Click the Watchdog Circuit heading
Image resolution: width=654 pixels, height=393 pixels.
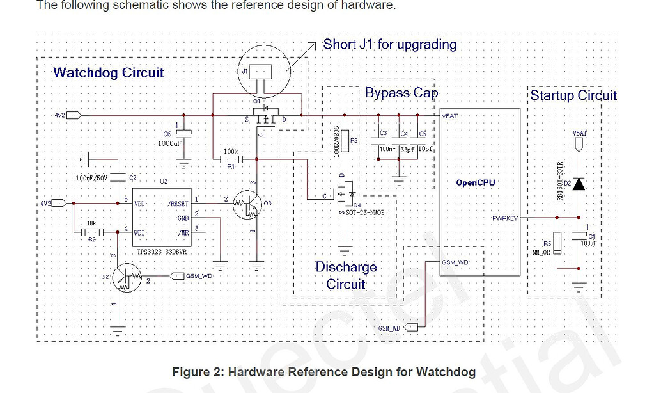pos(109,73)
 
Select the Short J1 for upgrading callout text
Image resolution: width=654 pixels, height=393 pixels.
pos(389,44)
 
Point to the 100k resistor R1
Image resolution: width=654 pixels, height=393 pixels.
pos(230,158)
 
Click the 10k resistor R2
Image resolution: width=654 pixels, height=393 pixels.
pos(91,233)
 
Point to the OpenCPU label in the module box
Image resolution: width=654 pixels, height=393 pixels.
pos(475,182)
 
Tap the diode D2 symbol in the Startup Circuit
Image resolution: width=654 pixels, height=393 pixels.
pos(579,184)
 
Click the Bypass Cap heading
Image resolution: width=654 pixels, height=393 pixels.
pos(401,93)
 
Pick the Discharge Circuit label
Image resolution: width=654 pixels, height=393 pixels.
pos(346,275)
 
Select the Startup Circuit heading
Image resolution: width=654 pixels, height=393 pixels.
pos(573,95)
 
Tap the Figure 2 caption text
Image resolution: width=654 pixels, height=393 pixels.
pos(323,372)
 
